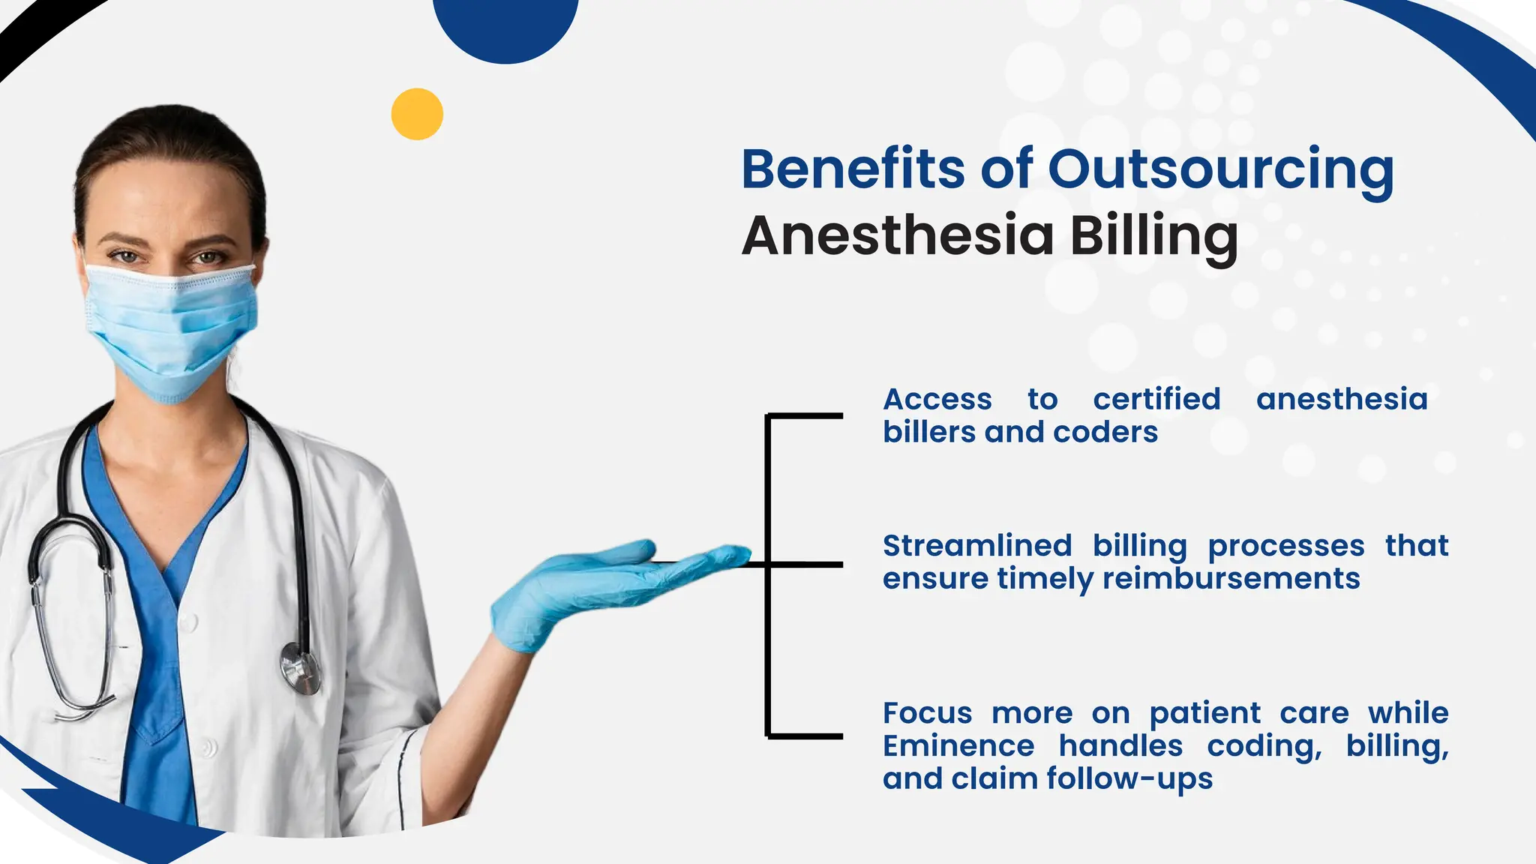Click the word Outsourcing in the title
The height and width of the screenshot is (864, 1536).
click(x=1220, y=170)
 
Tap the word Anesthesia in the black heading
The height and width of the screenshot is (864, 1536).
click(x=897, y=236)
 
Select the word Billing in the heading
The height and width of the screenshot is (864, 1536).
click(x=1153, y=236)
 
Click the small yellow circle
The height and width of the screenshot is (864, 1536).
click(x=417, y=114)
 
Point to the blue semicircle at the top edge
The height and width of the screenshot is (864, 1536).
click(x=506, y=26)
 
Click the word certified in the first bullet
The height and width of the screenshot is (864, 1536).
click(x=1156, y=399)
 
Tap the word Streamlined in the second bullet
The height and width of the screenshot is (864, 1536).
click(x=976, y=545)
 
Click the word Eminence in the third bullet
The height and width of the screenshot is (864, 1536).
click(x=958, y=745)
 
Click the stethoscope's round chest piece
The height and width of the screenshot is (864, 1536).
click(x=300, y=667)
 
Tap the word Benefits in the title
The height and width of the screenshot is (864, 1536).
click(x=853, y=170)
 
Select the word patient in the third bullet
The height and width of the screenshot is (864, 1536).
click(x=1204, y=712)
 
